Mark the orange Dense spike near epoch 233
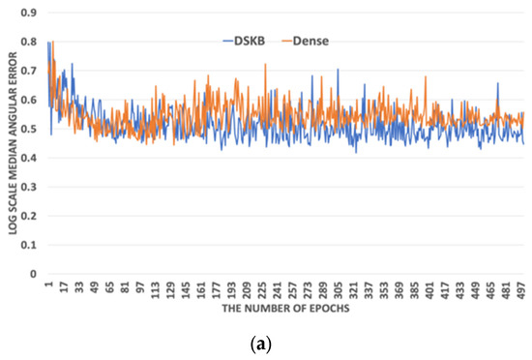pyautogui.click(x=265, y=65)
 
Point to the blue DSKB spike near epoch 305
pyautogui.click(x=338, y=70)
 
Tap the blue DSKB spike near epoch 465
pyautogui.click(x=497, y=83)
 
